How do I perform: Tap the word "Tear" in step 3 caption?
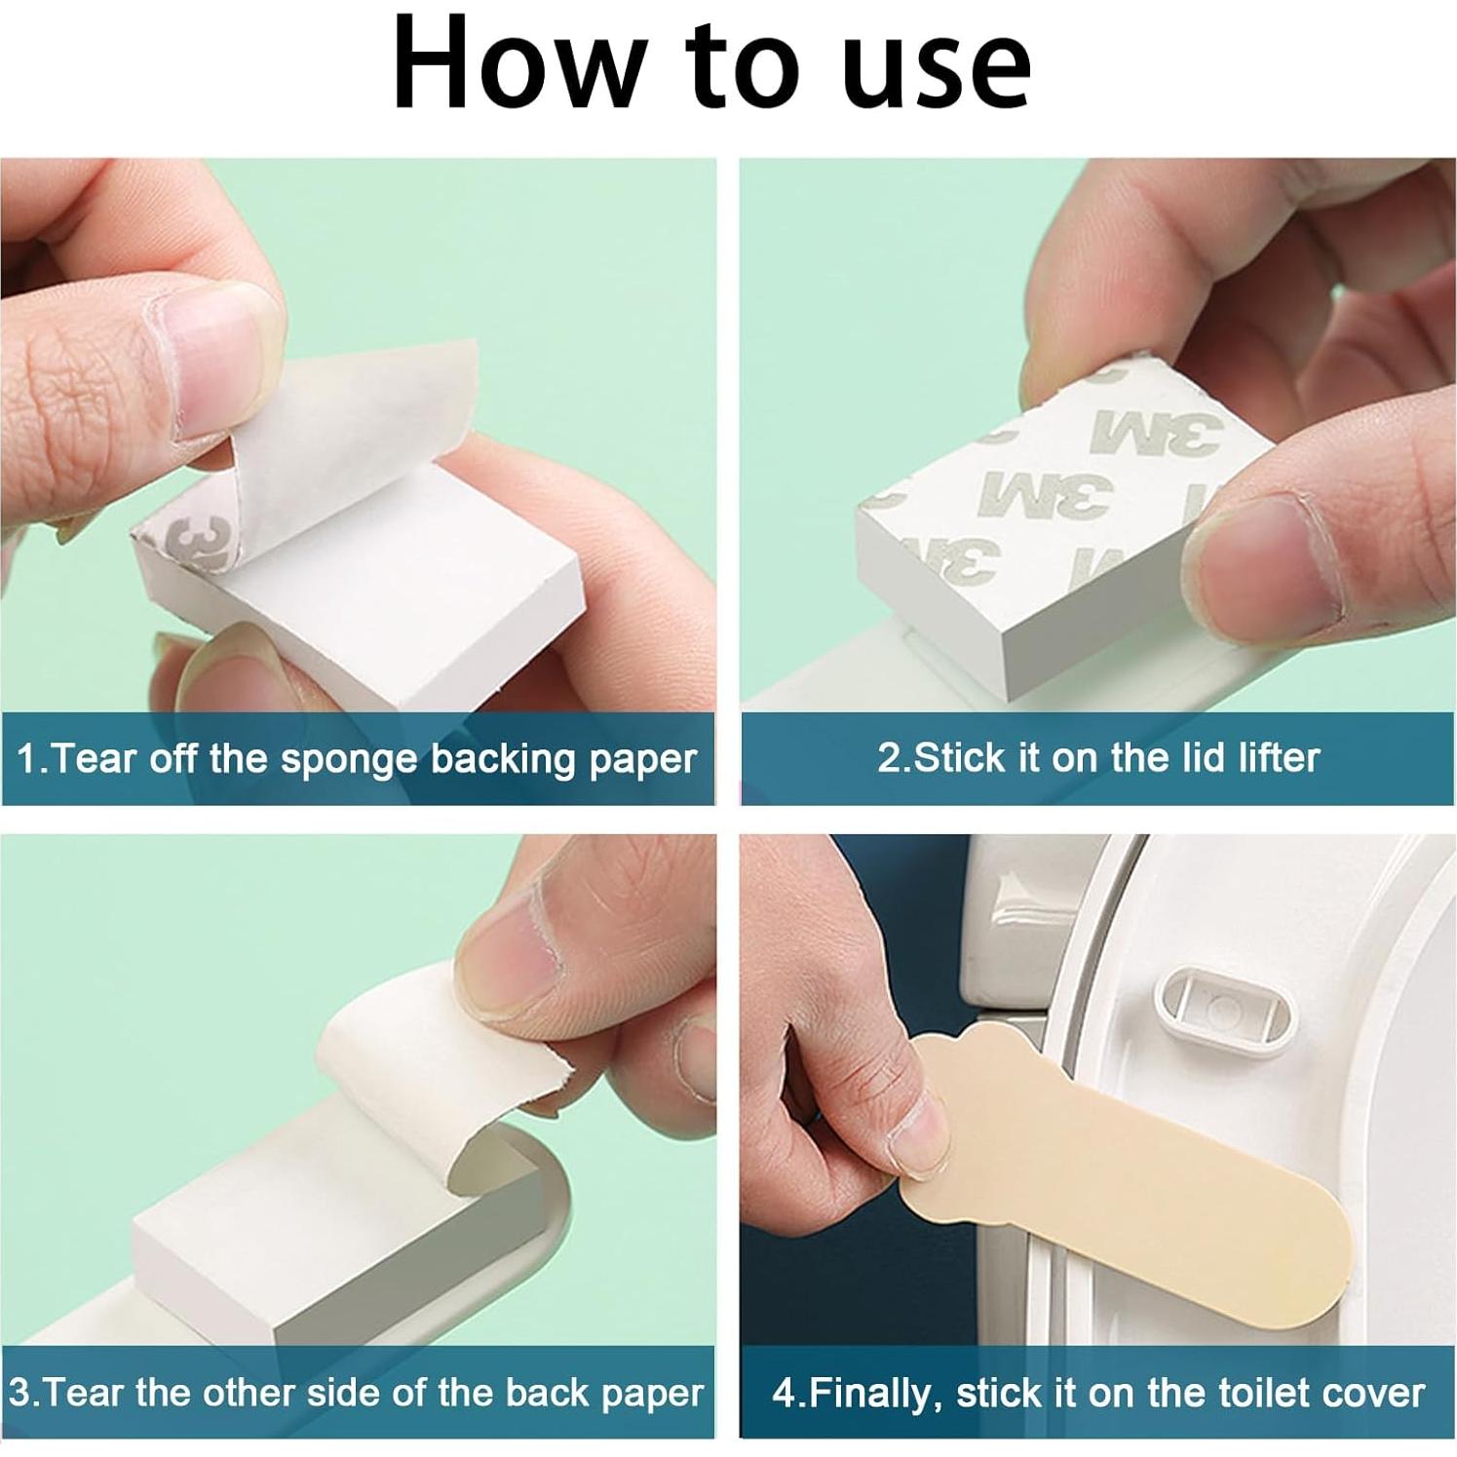[x=85, y=1392]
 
